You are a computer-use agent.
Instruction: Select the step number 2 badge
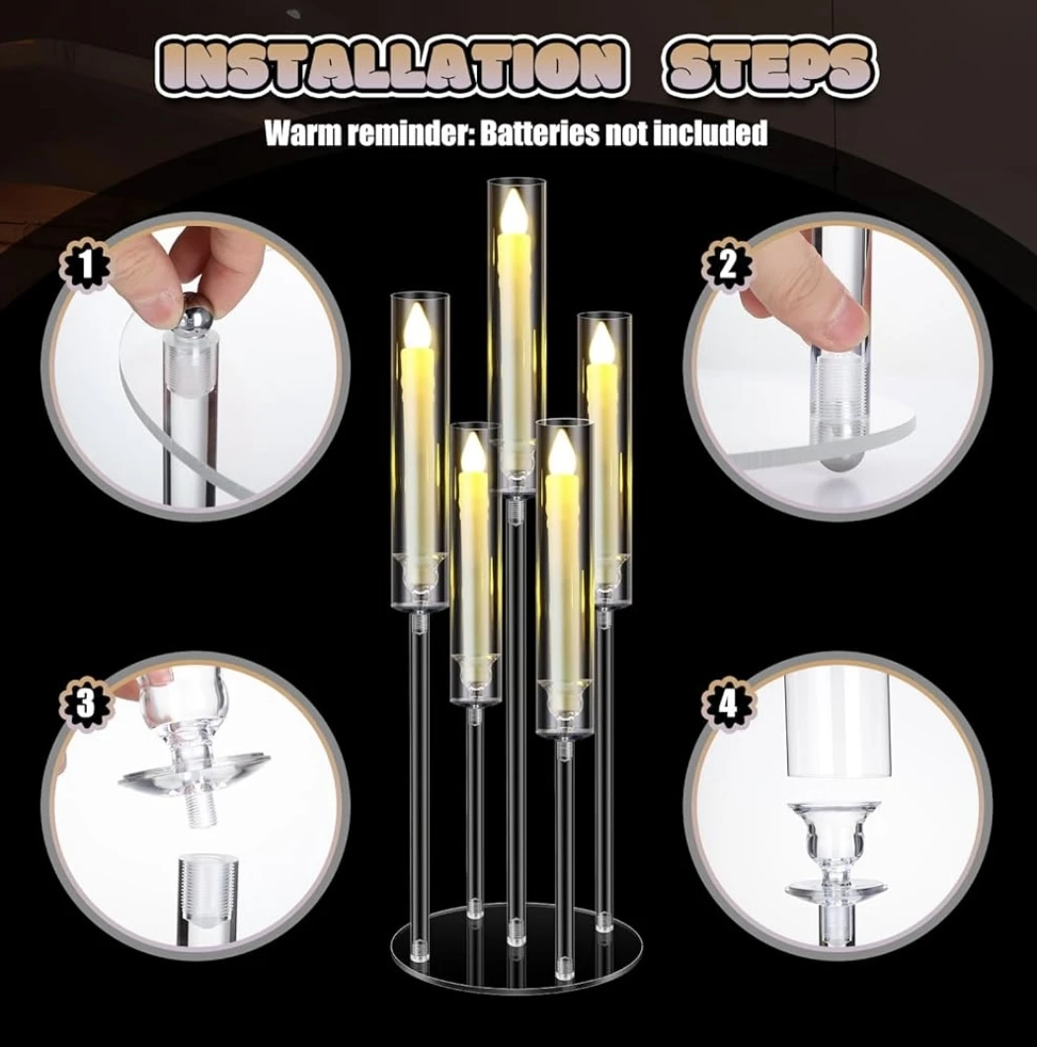728,267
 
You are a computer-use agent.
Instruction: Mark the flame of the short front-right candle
560,448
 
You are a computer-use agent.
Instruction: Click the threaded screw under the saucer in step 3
198,809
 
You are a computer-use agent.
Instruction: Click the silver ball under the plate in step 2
838,460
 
